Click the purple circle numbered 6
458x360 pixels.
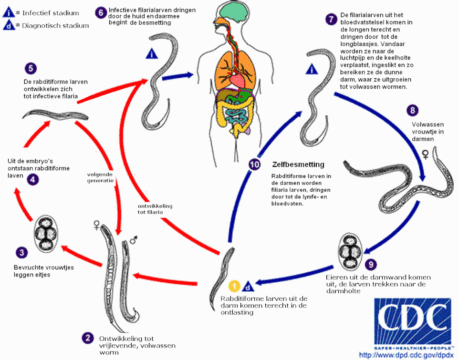pyautogui.click(x=100, y=12)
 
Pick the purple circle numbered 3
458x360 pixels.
pyautogui.click(x=21, y=251)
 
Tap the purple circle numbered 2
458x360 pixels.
pyautogui.click(x=87, y=337)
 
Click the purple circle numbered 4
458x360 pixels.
pyautogui.click(x=33, y=180)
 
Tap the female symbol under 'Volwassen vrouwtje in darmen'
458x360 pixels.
pyautogui.click(x=425, y=155)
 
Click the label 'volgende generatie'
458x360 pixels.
pyautogui.click(x=100, y=177)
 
